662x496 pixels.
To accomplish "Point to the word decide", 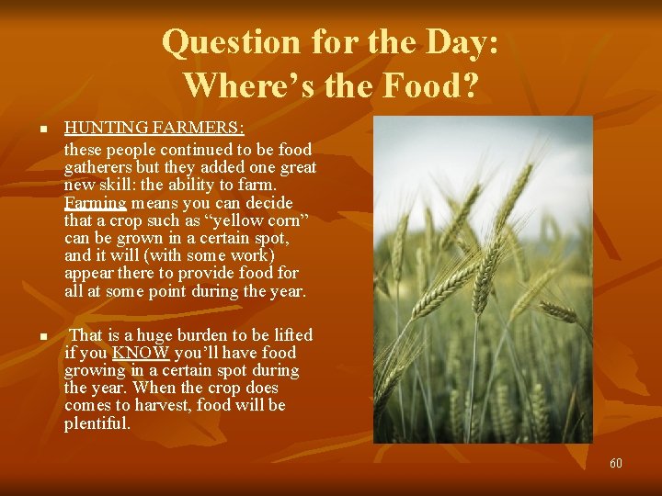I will (268, 202).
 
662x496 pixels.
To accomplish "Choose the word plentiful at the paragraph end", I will (97, 423).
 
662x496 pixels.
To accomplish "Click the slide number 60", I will (615, 463).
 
